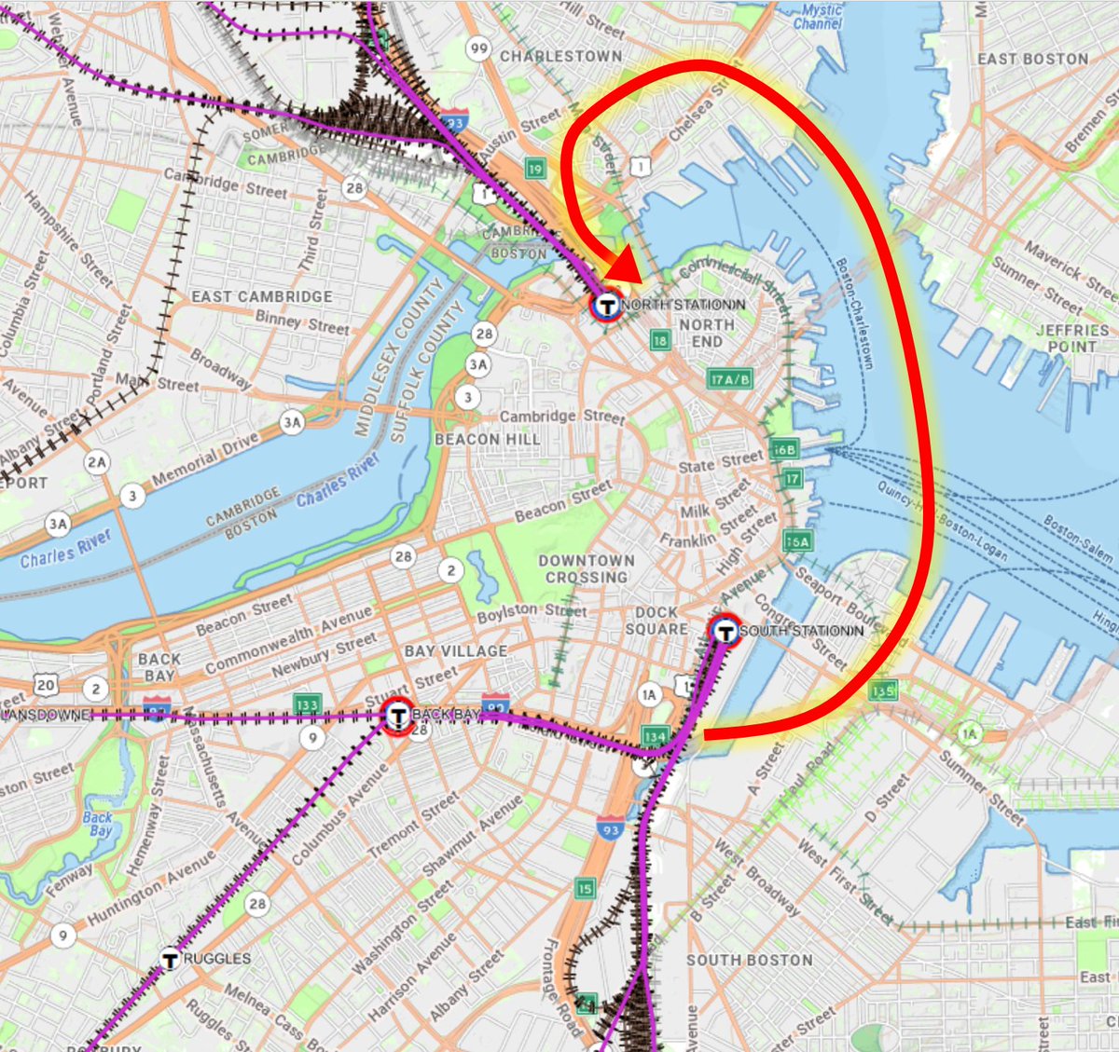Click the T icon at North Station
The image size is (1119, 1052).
[x=607, y=304]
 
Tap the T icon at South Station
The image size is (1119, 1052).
[x=725, y=631]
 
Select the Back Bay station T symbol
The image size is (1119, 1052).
[x=398, y=716]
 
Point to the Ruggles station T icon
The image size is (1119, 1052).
[x=170, y=958]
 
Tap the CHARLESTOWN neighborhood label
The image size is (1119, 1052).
[x=560, y=57]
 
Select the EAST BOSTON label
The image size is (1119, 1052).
[x=1032, y=59]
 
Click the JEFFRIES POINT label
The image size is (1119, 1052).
[x=1072, y=338]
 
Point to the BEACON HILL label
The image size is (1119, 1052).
[x=487, y=439]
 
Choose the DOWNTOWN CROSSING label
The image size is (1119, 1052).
[x=587, y=569]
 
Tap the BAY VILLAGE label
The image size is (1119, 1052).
[x=456, y=650]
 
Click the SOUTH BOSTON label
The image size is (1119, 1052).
[x=750, y=960]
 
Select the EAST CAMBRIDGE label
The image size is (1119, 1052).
[x=262, y=296]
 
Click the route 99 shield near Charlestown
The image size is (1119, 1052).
[x=479, y=48]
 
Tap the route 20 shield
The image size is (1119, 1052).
[x=46, y=685]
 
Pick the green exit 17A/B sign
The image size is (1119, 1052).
[x=730, y=379]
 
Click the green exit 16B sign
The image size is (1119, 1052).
[x=785, y=450]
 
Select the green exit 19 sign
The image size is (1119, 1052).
[x=534, y=169]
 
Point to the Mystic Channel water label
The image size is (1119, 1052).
[x=821, y=16]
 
